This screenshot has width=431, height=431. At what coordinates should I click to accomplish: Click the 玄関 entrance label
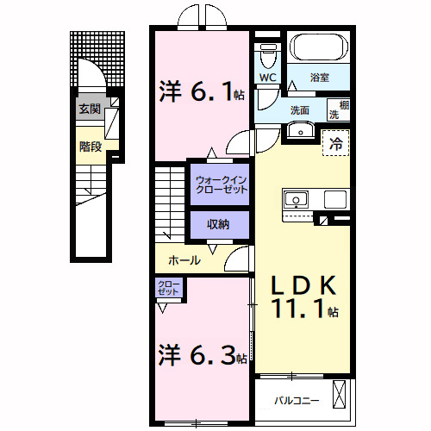pos(90,109)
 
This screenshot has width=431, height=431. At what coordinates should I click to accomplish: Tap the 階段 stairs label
pos(91,147)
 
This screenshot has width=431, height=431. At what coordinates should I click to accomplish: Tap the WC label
pos(267,78)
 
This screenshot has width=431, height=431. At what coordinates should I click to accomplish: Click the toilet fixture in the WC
pos(268,56)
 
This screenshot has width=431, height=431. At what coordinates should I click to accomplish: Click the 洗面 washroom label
pos(299,110)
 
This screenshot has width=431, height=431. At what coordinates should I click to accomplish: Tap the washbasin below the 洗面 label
pos(299,130)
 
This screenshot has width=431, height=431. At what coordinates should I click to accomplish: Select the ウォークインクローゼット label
pos(221,184)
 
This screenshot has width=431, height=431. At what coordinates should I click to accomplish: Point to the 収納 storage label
pos(218,224)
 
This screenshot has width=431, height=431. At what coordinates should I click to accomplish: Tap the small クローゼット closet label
pos(168,287)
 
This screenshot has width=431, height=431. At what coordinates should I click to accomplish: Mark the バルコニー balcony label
pos(297,401)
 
